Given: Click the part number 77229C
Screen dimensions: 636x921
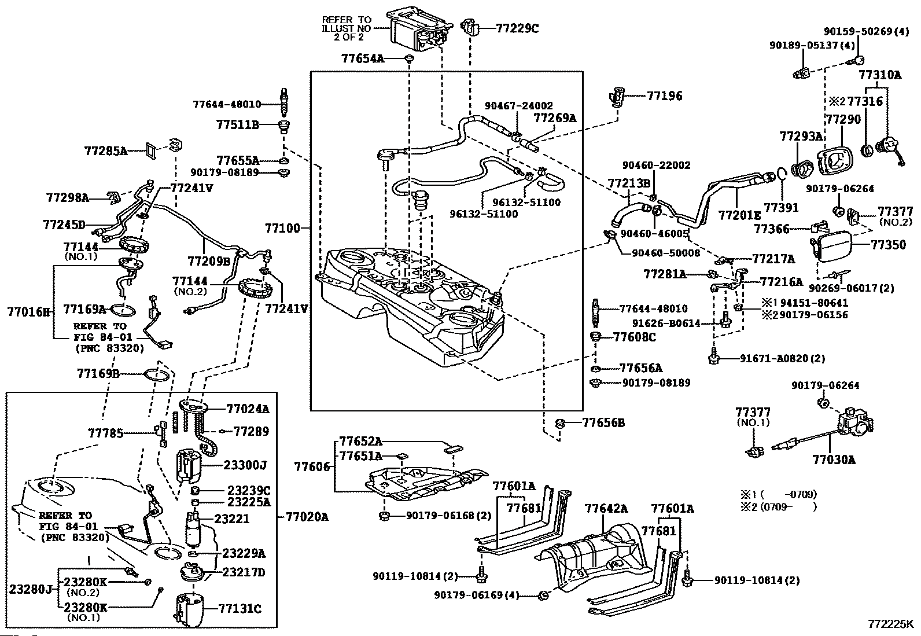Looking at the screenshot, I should coord(517,28).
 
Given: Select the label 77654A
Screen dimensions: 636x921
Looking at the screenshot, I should coord(363,58).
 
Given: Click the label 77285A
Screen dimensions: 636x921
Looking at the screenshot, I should coord(105,151).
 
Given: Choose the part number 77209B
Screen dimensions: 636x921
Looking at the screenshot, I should coord(209,262).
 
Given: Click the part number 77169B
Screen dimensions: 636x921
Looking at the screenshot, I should coord(98,374).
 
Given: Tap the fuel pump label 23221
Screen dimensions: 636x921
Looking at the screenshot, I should coord(232,519).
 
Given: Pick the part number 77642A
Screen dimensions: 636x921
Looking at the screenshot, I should coord(606,509).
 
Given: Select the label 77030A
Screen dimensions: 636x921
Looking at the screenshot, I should coord(833,459).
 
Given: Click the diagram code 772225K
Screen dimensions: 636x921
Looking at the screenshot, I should coord(890,625).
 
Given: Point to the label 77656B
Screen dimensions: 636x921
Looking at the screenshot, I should coord(603,423).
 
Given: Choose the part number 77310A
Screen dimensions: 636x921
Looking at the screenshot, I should coord(880,75).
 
